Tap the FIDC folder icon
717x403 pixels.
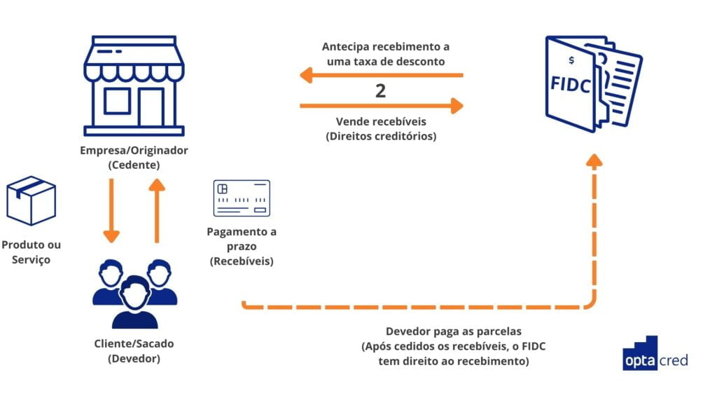(x=592, y=83)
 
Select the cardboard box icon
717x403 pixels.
(x=30, y=200)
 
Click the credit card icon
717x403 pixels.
(x=242, y=198)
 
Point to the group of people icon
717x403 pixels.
(x=134, y=292)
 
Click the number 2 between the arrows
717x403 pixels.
(x=380, y=90)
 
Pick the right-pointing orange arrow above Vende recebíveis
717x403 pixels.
(x=382, y=106)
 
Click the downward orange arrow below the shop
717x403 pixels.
(x=111, y=210)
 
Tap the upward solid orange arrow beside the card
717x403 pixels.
(x=157, y=210)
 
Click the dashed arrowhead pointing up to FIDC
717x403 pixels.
(x=594, y=161)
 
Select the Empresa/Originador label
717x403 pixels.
(x=134, y=151)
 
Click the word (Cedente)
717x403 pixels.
(x=134, y=165)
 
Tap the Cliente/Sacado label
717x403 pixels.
(x=134, y=343)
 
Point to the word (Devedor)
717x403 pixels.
(x=134, y=358)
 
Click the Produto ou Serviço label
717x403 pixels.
(x=32, y=252)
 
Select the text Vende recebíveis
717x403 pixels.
(x=381, y=122)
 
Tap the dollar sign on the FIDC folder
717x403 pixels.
(x=571, y=61)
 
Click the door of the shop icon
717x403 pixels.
(x=151, y=107)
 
